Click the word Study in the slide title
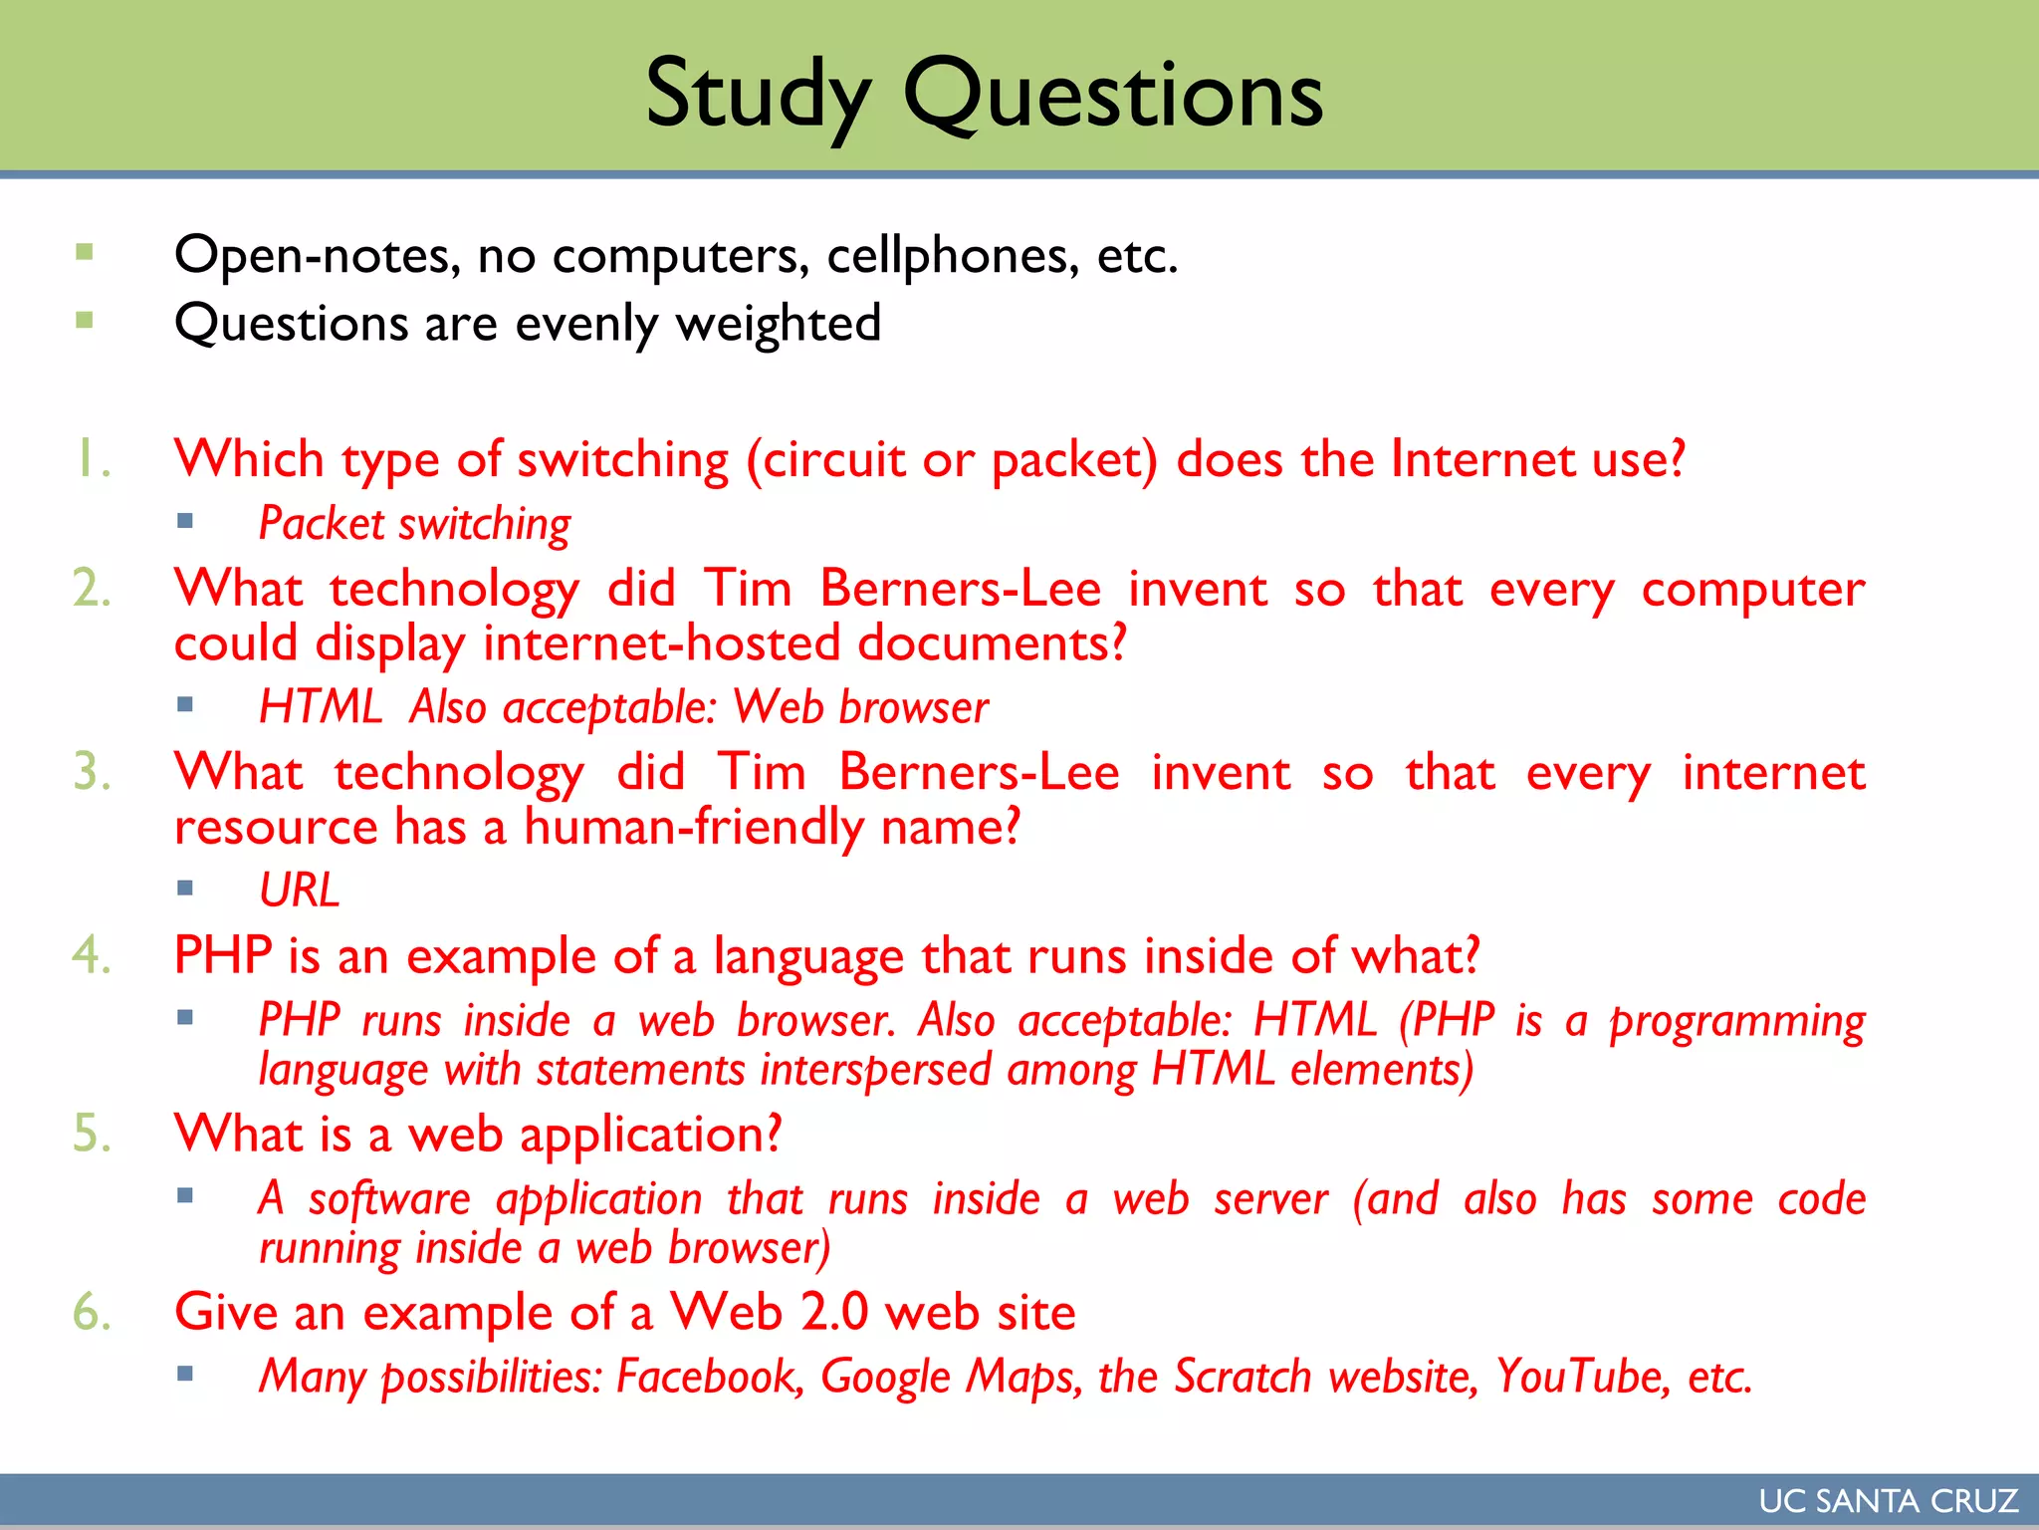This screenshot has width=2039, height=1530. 758,95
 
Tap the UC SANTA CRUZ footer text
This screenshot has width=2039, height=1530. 1888,1500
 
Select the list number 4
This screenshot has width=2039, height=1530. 91,955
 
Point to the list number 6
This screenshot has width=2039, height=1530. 91,1312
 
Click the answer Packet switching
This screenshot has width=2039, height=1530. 414,524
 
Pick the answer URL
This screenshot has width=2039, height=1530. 299,890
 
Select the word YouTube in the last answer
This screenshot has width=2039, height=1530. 1582,1377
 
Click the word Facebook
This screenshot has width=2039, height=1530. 709,1377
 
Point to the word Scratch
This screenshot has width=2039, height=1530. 1242,1377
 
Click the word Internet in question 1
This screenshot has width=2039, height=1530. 1483,459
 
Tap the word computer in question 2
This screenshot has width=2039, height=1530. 1752,590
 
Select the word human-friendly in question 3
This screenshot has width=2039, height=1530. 694,828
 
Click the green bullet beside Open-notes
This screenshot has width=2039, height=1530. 85,252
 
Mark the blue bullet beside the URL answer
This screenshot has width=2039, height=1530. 185,888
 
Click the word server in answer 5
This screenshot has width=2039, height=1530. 1270,1199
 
